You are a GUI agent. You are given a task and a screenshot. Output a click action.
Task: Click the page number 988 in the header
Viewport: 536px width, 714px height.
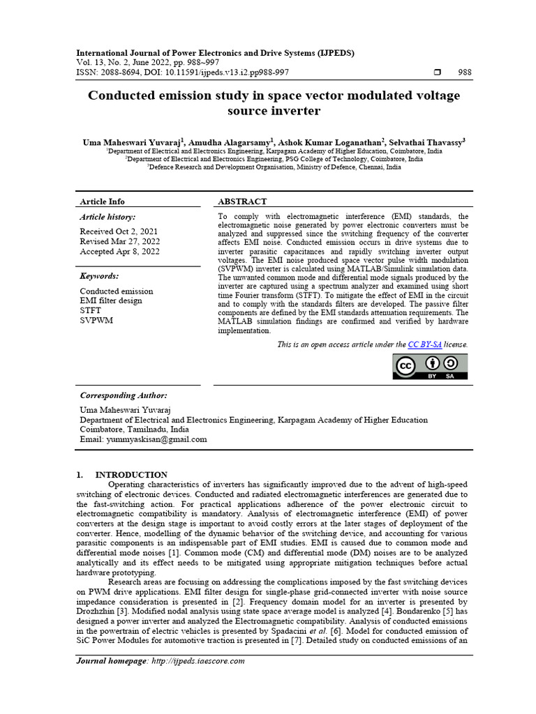click(x=464, y=73)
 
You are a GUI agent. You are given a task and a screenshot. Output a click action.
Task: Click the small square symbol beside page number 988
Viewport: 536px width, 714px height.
click(x=438, y=73)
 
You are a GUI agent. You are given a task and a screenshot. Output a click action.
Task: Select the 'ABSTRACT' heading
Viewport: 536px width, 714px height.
click(x=242, y=202)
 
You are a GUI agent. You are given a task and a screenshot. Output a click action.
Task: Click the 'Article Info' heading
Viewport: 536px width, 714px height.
click(x=102, y=202)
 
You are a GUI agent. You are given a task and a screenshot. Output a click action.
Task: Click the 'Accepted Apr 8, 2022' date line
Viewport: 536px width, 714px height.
click(x=119, y=252)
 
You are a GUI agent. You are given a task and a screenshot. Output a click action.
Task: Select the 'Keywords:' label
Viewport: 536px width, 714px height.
click(x=99, y=276)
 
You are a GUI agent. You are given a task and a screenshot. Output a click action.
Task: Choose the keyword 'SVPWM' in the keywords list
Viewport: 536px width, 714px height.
click(x=96, y=320)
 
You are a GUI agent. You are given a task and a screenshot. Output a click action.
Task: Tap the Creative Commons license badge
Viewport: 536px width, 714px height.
click(x=431, y=366)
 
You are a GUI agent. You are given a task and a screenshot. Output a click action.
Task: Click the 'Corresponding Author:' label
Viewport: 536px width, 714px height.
click(x=124, y=395)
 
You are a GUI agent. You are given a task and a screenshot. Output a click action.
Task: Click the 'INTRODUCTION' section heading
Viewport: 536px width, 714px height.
click(x=131, y=475)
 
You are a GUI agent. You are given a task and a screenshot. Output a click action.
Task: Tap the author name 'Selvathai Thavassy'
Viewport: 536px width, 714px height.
click(x=425, y=142)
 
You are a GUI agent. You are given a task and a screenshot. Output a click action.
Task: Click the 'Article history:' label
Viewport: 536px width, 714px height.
click(x=107, y=218)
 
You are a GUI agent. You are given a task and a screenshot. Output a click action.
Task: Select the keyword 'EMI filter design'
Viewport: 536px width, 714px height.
click(x=110, y=301)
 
